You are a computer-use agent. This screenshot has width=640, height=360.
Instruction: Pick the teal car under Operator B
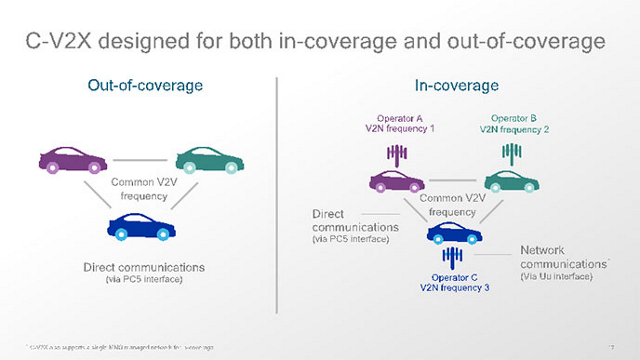[511, 182]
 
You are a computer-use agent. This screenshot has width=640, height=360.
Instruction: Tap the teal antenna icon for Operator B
[513, 153]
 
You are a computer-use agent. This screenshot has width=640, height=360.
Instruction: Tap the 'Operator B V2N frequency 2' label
[514, 123]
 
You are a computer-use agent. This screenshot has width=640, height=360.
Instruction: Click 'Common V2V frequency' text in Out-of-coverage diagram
[144, 190]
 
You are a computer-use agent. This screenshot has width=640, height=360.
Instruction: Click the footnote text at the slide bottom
[120, 345]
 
